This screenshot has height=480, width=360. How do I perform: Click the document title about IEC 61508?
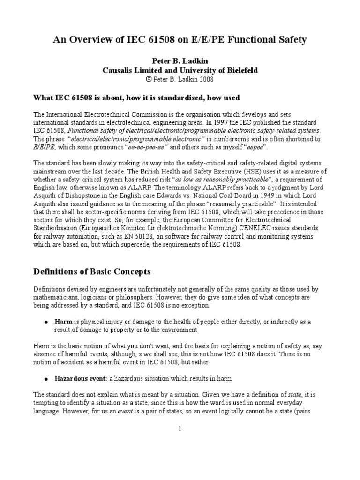click(x=180, y=40)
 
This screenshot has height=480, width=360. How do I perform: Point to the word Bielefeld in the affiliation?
click(x=240, y=70)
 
